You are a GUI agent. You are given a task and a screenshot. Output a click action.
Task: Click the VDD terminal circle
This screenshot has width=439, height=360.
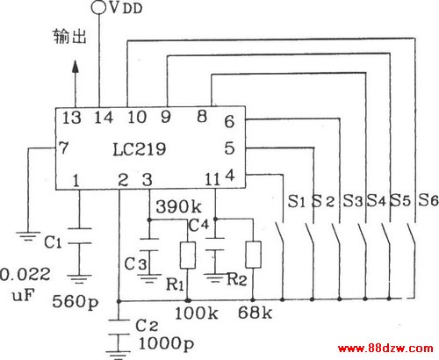coord(98,7)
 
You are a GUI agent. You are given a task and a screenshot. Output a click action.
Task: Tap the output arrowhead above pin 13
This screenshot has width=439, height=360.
coord(76,67)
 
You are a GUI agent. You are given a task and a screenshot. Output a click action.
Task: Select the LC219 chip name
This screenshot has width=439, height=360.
coord(140,149)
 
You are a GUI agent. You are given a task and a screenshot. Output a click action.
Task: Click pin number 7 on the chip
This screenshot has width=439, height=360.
coord(63,148)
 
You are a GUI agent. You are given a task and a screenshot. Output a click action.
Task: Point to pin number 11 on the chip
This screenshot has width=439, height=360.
coord(212,179)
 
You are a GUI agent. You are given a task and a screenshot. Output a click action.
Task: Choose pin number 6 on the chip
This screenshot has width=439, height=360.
coord(229,121)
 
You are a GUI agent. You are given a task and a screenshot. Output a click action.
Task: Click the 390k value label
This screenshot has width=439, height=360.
coord(178,206)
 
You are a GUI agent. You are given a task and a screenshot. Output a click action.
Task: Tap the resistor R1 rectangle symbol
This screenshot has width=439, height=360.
coord(188,256)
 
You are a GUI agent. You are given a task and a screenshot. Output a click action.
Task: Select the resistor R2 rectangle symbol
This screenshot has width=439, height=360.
coord(253,255)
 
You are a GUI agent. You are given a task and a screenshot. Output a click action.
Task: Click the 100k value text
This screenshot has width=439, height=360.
coord(197,313)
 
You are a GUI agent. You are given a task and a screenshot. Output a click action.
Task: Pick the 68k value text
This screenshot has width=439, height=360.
coord(255,313)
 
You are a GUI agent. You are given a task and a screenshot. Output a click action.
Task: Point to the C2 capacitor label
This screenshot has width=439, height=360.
coord(147,325)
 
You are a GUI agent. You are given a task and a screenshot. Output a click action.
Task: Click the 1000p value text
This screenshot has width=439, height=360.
coord(166,343)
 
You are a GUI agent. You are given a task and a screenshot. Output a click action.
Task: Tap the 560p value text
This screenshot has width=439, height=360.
coord(76,301)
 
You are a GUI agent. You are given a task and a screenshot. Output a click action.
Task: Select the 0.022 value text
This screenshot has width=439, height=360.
coord(25,275)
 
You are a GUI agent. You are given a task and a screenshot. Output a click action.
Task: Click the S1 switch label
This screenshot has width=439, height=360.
coord(297,201)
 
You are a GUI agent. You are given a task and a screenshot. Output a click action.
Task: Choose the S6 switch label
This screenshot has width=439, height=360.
coord(428,200)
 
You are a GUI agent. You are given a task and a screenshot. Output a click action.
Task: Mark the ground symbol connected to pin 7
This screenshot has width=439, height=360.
coord(28,236)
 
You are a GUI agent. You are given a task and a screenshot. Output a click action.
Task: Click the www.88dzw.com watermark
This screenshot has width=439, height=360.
coord(385,349)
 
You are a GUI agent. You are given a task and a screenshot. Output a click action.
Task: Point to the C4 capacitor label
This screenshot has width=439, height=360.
coord(199,225)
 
